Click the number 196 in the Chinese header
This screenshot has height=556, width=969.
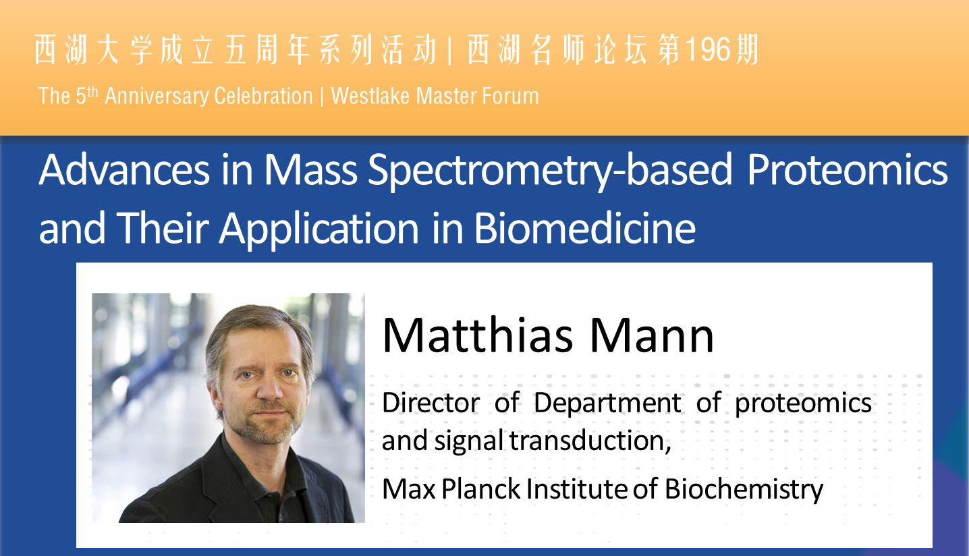(708, 50)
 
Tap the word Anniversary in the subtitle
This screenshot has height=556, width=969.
(157, 96)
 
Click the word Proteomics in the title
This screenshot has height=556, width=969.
(848, 170)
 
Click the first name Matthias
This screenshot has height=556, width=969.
(478, 335)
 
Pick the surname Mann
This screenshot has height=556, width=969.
(651, 336)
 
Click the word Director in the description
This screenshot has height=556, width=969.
(431, 403)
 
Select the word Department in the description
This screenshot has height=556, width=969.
(607, 404)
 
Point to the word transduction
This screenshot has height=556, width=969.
(590, 441)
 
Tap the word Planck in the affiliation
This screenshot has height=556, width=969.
(480, 489)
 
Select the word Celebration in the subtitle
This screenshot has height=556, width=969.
(263, 96)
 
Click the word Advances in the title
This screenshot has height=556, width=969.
(124, 170)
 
